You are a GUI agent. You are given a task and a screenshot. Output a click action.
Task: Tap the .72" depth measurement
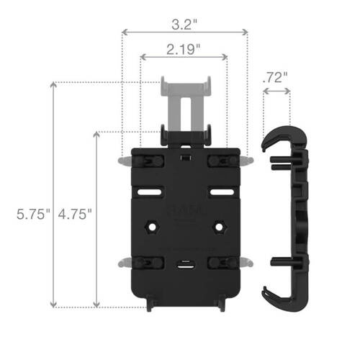(x=276, y=76)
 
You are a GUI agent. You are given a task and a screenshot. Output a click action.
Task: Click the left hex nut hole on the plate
(x=152, y=227)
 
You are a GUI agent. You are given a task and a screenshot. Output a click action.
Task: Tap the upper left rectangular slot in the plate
(x=152, y=193)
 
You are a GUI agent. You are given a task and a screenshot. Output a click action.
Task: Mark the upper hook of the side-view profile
(x=277, y=140)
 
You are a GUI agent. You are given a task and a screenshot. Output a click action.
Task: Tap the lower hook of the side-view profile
(x=277, y=295)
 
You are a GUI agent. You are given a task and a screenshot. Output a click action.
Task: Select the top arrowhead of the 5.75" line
(x=53, y=86)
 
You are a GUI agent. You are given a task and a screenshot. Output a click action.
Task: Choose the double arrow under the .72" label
(x=276, y=91)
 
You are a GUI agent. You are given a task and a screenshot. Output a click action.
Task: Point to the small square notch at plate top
(x=185, y=156)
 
